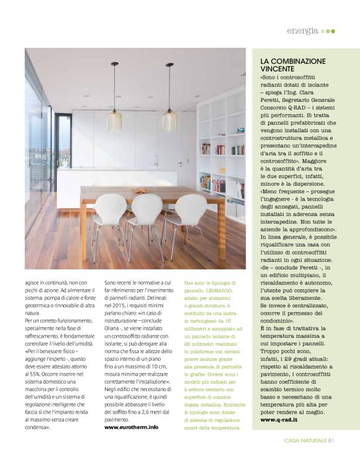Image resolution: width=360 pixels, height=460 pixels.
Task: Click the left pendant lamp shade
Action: click(114, 120)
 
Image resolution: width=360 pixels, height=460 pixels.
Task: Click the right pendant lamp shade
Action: click(169, 120)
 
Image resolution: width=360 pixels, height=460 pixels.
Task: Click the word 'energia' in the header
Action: click(303, 30)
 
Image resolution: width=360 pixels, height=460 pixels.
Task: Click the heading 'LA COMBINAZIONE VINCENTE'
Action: click(294, 66)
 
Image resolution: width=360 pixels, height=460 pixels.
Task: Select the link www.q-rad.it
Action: click(281, 438)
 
